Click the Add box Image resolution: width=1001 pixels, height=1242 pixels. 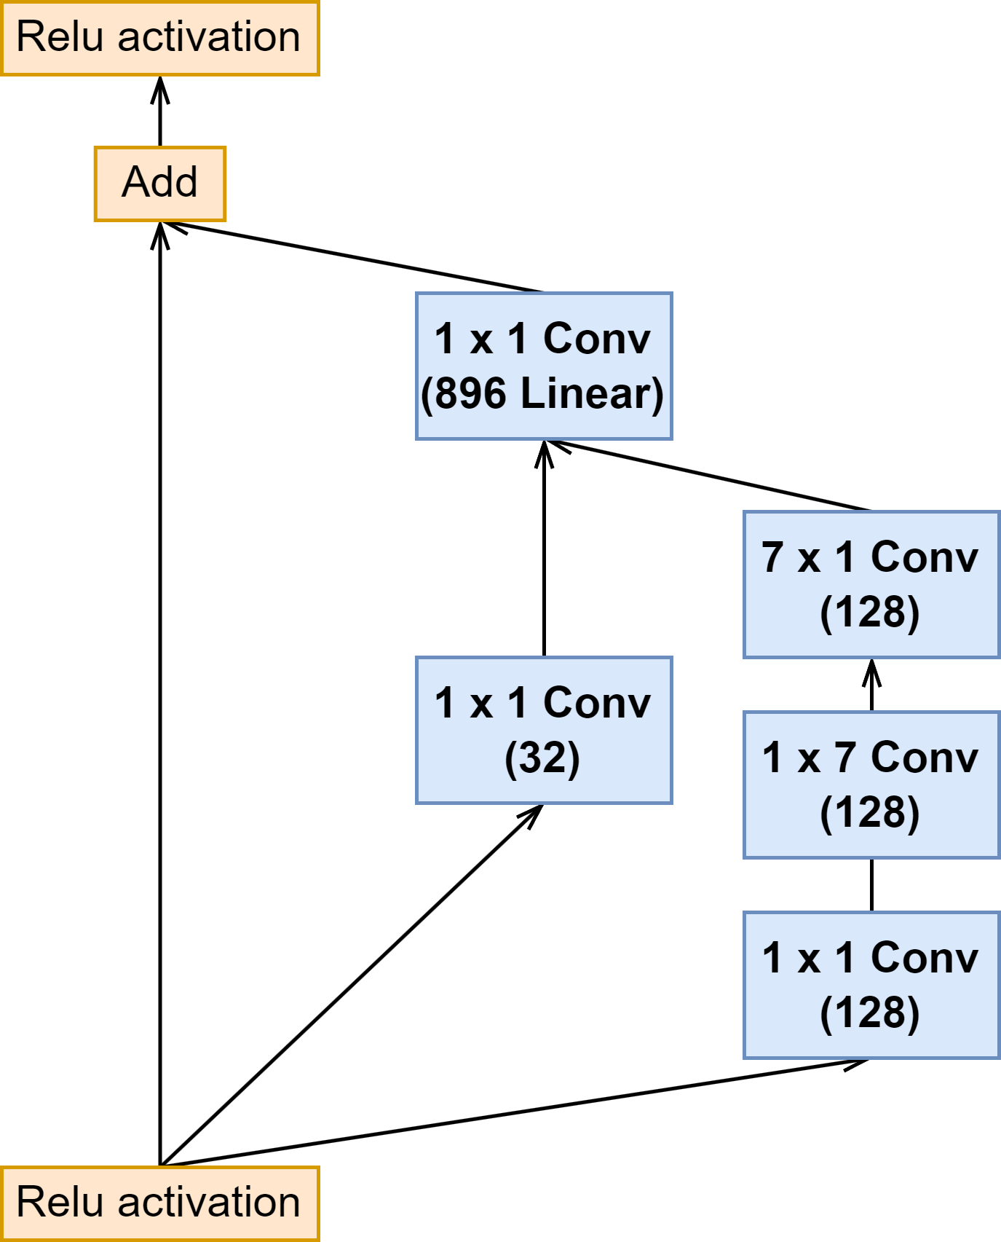[160, 184]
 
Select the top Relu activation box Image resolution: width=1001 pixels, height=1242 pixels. [160, 38]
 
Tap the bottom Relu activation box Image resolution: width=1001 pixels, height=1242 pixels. [160, 1203]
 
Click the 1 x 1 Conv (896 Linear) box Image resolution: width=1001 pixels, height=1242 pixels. [544, 366]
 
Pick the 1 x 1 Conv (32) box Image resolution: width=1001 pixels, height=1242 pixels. [544, 730]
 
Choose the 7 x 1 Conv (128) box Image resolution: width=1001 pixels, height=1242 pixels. [871, 584]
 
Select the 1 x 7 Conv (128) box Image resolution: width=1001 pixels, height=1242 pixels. [871, 785]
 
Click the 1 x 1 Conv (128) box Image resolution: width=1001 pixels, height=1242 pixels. [871, 985]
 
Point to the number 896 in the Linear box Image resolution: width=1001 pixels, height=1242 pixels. [470, 393]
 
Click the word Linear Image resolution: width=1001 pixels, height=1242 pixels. [584, 393]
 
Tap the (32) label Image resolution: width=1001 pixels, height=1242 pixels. [543, 758]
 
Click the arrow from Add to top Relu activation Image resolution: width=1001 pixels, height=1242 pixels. [160, 111]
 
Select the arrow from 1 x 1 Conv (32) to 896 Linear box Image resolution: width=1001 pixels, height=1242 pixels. [544, 549]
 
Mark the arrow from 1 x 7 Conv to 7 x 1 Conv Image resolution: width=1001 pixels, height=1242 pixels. [871, 685]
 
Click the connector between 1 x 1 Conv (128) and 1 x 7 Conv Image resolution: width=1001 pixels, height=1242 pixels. [871, 885]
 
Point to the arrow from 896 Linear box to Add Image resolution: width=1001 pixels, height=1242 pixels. [352, 256]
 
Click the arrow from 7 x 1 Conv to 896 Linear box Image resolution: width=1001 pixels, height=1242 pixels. [708, 475]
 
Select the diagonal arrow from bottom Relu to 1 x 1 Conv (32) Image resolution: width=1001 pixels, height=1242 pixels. [352, 986]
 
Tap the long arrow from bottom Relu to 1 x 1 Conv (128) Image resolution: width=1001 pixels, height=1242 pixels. [515, 1112]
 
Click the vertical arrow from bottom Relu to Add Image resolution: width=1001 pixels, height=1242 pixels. [160, 694]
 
